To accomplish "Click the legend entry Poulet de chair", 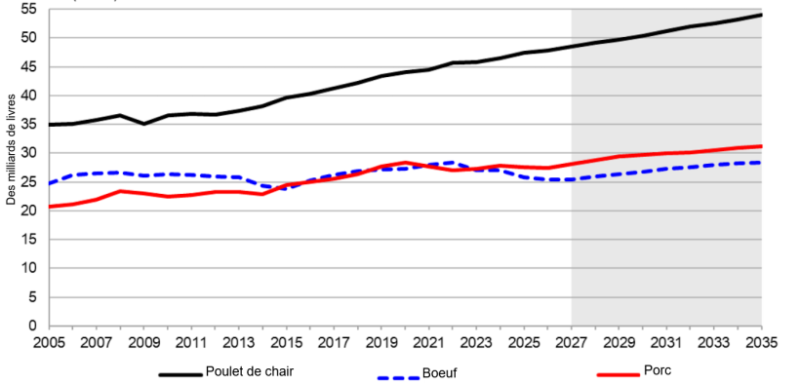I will pos(249,370).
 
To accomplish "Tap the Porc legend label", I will pos(657,369).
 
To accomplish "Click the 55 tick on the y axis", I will pos(28,9).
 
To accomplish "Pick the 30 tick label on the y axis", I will pos(28,153).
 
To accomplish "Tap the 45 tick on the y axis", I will pos(28,66).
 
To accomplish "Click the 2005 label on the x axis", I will pos(48,344).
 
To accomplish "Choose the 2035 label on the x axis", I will pos(761,344).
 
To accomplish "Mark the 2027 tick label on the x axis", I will pos(571,344).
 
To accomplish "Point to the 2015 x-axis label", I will pos(286,344).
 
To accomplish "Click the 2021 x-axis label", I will pos(428,344).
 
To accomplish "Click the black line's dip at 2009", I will pos(143,124).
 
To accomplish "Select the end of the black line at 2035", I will pos(761,15).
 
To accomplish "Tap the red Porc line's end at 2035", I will pos(761,146).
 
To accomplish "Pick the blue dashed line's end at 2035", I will pos(761,163).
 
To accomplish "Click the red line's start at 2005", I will pos(49,207).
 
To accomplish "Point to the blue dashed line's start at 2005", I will pos(49,183).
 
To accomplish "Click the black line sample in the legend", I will pos(180,372).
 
